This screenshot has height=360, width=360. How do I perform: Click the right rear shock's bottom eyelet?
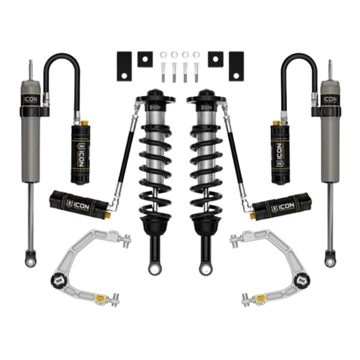330,258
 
